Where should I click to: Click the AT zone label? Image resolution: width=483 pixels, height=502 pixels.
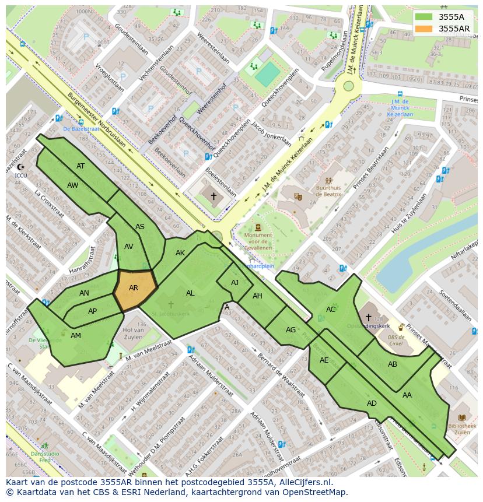(x=80, y=166)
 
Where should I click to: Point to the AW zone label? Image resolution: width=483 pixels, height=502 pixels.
(x=72, y=185)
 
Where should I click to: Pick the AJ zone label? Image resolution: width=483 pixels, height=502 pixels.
(x=235, y=282)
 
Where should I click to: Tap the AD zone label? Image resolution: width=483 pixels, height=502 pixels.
(x=372, y=403)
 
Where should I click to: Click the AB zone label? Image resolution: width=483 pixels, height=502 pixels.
(x=393, y=364)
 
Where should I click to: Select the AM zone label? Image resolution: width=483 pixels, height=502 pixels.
(x=76, y=336)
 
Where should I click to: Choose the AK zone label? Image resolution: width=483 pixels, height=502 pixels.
(x=180, y=253)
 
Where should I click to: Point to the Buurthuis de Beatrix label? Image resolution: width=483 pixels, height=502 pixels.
(x=329, y=192)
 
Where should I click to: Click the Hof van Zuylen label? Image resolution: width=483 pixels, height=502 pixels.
(x=133, y=334)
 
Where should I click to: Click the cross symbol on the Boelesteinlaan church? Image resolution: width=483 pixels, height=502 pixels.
(x=213, y=196)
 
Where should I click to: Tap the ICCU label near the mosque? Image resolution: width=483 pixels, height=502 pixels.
(x=20, y=174)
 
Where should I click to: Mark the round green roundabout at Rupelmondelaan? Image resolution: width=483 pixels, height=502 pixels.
(x=348, y=86)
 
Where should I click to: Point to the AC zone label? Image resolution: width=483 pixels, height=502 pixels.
(x=331, y=310)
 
